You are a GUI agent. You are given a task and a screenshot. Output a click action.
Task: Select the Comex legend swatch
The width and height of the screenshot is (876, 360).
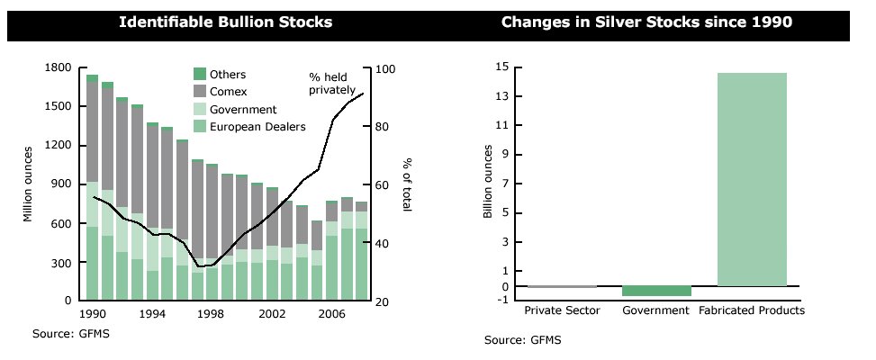pyautogui.click(x=200, y=92)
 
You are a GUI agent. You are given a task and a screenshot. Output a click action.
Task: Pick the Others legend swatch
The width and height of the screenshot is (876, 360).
pyautogui.click(x=200, y=75)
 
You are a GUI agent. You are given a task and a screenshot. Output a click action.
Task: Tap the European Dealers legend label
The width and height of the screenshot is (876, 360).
pyautogui.click(x=257, y=127)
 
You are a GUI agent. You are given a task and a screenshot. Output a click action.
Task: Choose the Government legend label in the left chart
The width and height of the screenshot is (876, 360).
pyautogui.click(x=243, y=110)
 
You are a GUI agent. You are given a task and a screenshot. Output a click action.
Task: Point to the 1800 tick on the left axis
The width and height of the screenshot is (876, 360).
pyautogui.click(x=58, y=68)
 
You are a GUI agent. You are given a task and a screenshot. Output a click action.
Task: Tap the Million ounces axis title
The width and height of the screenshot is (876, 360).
pyautogui.click(x=29, y=184)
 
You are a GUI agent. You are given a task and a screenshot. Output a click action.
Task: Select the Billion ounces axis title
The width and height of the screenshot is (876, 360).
pyautogui.click(x=488, y=181)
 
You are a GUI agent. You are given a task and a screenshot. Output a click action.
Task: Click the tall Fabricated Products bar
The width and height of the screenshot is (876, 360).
pyautogui.click(x=752, y=180)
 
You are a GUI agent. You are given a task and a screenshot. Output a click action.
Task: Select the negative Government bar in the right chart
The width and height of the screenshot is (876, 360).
pyautogui.click(x=656, y=291)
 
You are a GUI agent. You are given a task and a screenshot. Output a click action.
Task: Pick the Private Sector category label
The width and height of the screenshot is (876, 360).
pyautogui.click(x=562, y=310)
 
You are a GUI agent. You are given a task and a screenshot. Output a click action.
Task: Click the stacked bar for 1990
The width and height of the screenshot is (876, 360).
pyautogui.click(x=92, y=189)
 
